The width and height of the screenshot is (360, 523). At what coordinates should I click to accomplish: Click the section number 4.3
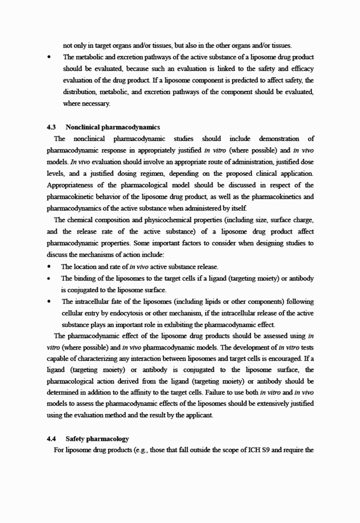coord(51,127)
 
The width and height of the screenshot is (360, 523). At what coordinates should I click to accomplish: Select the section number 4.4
coord(51,438)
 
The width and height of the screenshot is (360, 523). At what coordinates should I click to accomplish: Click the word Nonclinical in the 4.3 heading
coord(84,127)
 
